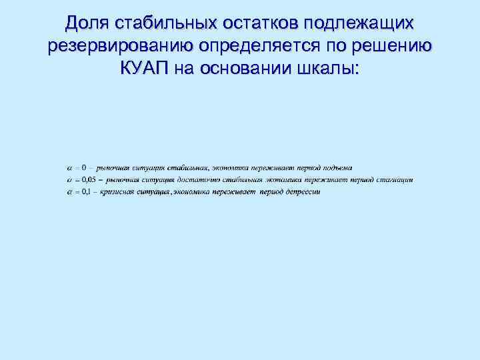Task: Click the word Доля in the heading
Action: (87, 24)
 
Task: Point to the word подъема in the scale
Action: (338, 167)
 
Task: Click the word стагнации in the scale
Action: (395, 180)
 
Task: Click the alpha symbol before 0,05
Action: (70, 180)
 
